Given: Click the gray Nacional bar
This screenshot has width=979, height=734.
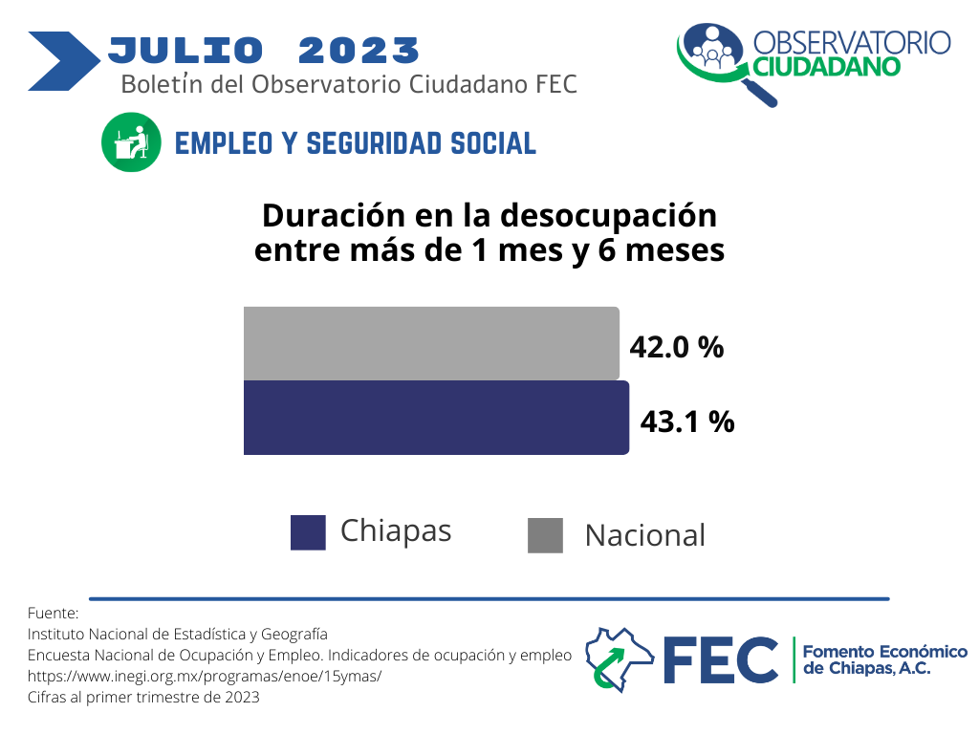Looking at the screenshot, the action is point(431,343).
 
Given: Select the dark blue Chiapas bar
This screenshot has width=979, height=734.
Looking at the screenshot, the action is point(436,418).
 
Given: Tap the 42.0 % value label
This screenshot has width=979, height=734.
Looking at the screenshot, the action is point(676,347).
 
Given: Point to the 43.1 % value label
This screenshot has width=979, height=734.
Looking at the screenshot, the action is point(686,421).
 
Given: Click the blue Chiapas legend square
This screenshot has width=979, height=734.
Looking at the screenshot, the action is point(308,532).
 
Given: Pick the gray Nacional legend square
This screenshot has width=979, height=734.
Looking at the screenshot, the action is point(545,535).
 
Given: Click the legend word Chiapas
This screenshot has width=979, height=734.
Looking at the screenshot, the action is point(396,532).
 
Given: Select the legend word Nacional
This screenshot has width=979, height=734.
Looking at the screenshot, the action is point(645,535).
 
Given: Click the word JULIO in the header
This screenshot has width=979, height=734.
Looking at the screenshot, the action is point(185,51).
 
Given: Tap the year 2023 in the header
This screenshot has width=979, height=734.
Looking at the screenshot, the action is point(359,51).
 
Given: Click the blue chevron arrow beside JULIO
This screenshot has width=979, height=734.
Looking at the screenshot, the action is point(64,61).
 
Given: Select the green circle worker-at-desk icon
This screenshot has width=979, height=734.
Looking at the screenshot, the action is point(131,142).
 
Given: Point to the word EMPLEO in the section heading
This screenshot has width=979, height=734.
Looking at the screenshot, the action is point(224,143).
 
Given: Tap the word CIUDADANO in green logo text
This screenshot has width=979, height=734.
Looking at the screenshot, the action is point(827,67).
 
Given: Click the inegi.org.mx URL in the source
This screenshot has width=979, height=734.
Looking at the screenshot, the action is point(205,676).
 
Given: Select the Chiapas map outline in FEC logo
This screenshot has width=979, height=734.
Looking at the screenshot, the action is point(619,659).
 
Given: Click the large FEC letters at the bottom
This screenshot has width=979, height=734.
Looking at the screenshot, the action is point(721,660).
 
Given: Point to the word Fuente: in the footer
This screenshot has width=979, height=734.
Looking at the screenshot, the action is point(54,613).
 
